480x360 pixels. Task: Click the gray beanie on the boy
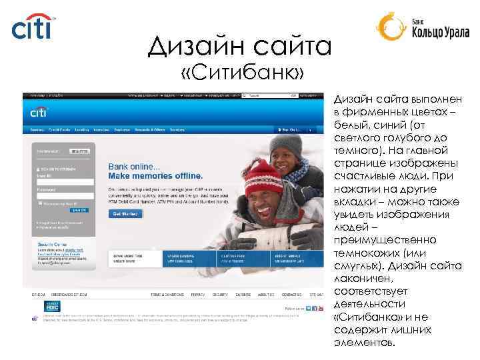[285, 143]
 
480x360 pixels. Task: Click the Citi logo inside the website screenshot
[39, 111]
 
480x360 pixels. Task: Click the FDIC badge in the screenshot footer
[52, 305]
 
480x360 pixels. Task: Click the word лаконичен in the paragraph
[365, 279]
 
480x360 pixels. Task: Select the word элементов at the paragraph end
[364, 343]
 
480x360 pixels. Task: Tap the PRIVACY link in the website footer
[197, 294]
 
